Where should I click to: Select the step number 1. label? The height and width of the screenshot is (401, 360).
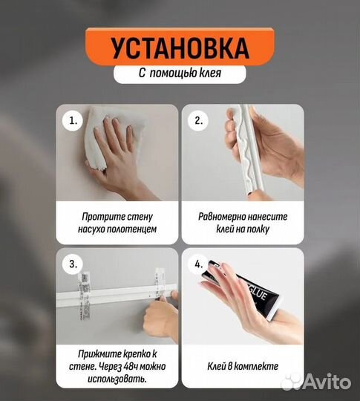click(x=72, y=120)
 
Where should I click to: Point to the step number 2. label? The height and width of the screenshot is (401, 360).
click(x=198, y=120)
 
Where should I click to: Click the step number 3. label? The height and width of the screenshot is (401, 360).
click(x=72, y=263)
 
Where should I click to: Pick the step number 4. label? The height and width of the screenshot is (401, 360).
click(x=198, y=263)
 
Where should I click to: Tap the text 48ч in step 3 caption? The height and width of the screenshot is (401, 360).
click(x=124, y=367)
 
